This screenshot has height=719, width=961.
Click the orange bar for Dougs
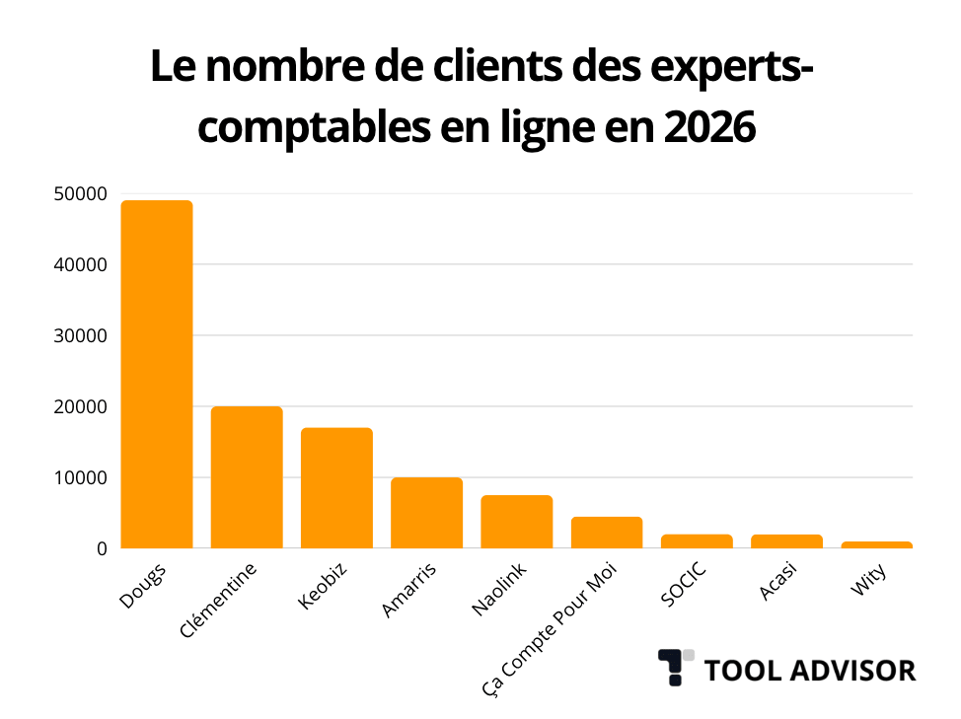pos(156,375)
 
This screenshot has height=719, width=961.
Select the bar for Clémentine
pos(247,477)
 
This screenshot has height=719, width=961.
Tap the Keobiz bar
pos(336,488)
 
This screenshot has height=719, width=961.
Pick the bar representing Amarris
pos(426,513)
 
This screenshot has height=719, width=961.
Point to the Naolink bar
pos(516,522)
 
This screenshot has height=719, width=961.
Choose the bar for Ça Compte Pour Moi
pos(606,533)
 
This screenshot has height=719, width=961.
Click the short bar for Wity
pos(876,544)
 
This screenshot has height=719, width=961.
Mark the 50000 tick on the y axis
pos(79,194)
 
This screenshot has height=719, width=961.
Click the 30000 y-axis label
pos(79,336)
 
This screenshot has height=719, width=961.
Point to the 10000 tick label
pos(79,478)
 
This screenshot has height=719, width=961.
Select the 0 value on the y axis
pos(101,548)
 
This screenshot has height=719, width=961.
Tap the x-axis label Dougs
pos(143,584)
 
